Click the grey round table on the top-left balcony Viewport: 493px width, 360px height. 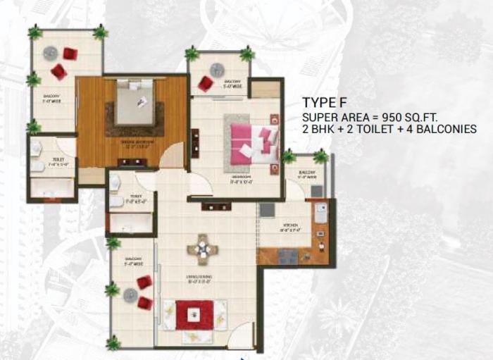[50, 54]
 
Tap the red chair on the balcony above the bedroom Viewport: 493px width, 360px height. [205, 84]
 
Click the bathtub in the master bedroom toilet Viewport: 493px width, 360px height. [51, 188]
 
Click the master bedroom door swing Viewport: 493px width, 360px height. [171, 157]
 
